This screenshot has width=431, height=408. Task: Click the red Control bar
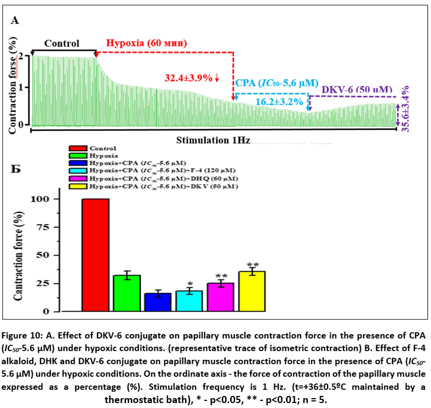coord(95,255)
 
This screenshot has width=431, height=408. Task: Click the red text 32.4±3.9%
coord(192,78)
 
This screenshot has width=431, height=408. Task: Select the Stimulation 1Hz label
coord(213,140)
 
